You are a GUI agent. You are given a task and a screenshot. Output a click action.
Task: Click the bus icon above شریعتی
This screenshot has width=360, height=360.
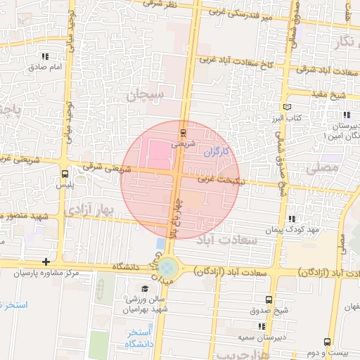click(x=184, y=131)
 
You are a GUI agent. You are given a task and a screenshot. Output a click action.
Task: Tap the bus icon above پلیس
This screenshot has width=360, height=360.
click(x=65, y=173)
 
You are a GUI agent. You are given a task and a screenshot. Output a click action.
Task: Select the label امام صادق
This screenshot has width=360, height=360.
click(x=46, y=67)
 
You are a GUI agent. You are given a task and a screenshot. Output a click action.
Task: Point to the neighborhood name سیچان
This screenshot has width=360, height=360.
click(x=145, y=95)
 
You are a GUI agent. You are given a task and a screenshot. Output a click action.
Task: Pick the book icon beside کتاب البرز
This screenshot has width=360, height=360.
click(x=287, y=107)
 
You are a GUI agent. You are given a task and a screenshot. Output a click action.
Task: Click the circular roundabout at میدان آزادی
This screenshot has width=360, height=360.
click(x=168, y=267)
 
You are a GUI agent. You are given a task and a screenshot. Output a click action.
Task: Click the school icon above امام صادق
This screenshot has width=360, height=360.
click(x=46, y=57)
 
